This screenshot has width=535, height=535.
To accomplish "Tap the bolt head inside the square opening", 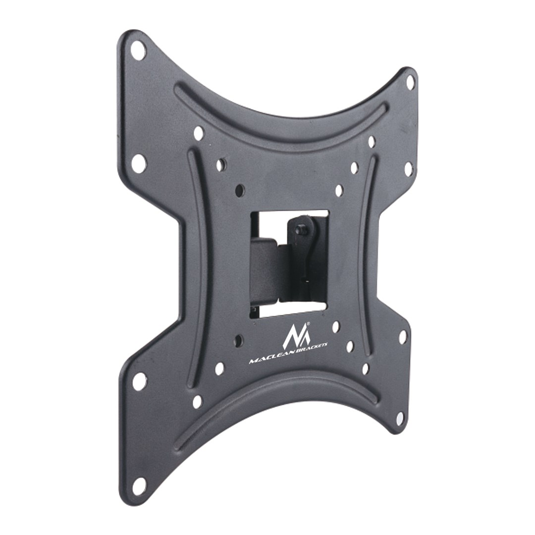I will click(301, 231).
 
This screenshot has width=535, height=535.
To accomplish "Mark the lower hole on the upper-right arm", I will click(408, 169).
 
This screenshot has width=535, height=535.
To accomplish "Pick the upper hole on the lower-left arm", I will click(139, 381).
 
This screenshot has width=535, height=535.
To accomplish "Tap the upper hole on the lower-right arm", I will click(403, 337).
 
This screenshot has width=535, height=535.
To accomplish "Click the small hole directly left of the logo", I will click(239, 340).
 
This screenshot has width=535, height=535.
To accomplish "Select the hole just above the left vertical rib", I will click(199, 133).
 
